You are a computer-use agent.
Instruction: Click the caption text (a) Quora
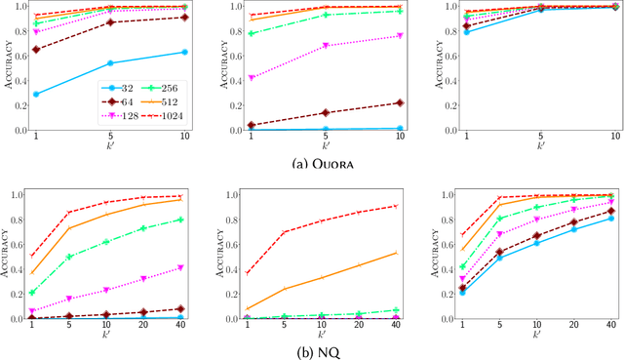[x=311, y=165]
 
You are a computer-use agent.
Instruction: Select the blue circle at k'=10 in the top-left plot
[x=185, y=52]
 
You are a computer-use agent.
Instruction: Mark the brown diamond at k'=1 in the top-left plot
[x=36, y=49]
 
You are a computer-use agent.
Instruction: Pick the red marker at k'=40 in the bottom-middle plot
[x=395, y=206]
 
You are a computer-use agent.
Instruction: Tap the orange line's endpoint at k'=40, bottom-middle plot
[x=395, y=253]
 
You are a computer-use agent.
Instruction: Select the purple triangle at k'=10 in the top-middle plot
[x=400, y=35]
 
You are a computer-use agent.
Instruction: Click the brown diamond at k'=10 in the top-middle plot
[x=400, y=102]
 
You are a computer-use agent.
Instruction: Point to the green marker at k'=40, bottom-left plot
[x=180, y=220]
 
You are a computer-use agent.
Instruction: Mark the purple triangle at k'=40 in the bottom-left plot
[x=180, y=266]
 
